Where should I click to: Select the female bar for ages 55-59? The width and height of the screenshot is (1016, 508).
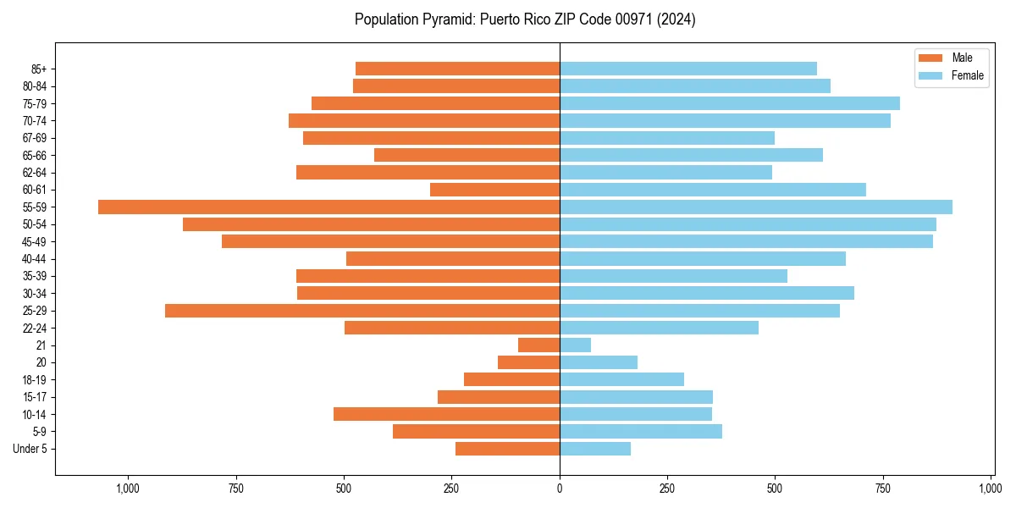pos(755,207)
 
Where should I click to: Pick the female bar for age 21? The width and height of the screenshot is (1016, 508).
pos(575,345)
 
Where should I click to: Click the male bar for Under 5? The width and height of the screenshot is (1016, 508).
pos(507,449)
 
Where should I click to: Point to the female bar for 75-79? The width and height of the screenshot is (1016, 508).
pos(729,103)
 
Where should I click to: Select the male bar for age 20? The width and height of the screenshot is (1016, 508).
pos(528,362)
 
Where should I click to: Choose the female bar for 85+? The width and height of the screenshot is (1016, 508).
pos(687,69)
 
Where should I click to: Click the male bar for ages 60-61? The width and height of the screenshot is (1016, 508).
pos(494,190)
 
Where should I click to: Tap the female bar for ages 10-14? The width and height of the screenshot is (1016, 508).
pos(635,414)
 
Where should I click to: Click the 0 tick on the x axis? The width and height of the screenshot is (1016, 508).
pos(560,489)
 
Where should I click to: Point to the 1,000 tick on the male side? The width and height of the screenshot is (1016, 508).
pos(128,489)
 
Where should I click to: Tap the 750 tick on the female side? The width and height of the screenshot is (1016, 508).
pos(883,489)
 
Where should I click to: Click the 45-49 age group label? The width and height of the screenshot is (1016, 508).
pos(34,241)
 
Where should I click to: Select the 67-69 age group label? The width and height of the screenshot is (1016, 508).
pos(34,138)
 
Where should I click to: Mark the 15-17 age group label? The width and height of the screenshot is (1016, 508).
pos(34,397)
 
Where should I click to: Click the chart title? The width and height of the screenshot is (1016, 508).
pos(525,19)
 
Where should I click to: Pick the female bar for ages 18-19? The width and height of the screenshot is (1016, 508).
pos(621,379)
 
